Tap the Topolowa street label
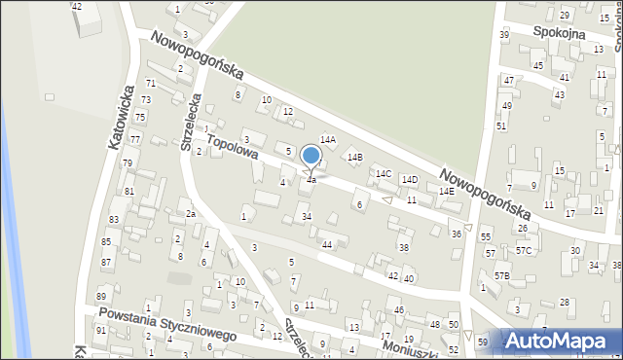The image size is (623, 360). click(x=231, y=147)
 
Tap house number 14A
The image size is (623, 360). click(x=328, y=140)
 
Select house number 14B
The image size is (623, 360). click(x=355, y=157)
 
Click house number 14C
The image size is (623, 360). click(x=384, y=174)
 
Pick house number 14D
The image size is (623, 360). click(x=411, y=180)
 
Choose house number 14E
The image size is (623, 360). click(x=446, y=192)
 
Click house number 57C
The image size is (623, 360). click(x=525, y=250)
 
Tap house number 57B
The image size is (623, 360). click(x=501, y=276)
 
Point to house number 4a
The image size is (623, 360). click(x=311, y=180)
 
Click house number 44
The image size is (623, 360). click(x=327, y=244)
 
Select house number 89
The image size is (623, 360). click(x=100, y=297)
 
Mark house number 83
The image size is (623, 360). click(x=114, y=220)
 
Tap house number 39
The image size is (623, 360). click(x=503, y=35)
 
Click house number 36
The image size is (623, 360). click(x=456, y=234)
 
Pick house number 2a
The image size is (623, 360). click(x=192, y=214)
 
